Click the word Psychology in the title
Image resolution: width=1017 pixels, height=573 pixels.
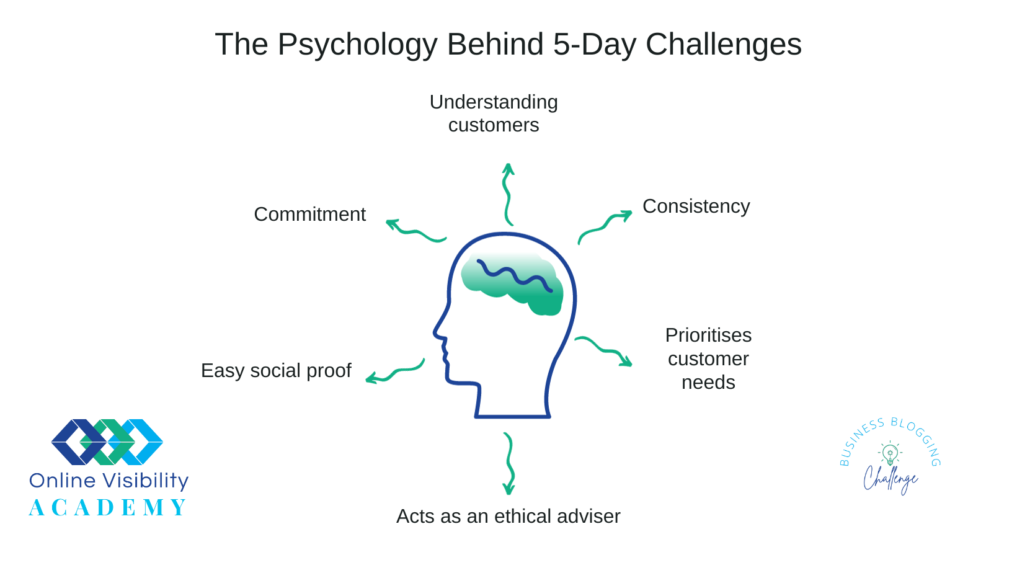pos(357,45)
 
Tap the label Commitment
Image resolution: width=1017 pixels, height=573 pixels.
pos(309,215)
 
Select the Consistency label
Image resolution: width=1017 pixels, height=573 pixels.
pos(696,207)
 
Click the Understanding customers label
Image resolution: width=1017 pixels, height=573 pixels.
pos(494,113)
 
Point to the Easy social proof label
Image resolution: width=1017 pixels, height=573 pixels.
pos(276,370)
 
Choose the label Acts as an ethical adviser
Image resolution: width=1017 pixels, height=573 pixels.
pos(508,516)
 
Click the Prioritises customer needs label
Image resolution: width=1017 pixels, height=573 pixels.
pos(708,358)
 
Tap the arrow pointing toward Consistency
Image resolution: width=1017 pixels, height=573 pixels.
pos(604,227)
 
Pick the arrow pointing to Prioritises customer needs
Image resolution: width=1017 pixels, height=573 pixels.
pos(605,350)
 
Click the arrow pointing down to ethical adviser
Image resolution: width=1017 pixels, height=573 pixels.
pos(509,463)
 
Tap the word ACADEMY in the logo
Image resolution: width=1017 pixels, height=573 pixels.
pos(108,508)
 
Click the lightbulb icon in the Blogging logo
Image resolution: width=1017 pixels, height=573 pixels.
pos(890,454)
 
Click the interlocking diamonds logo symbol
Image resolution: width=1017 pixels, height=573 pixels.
pos(107,442)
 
